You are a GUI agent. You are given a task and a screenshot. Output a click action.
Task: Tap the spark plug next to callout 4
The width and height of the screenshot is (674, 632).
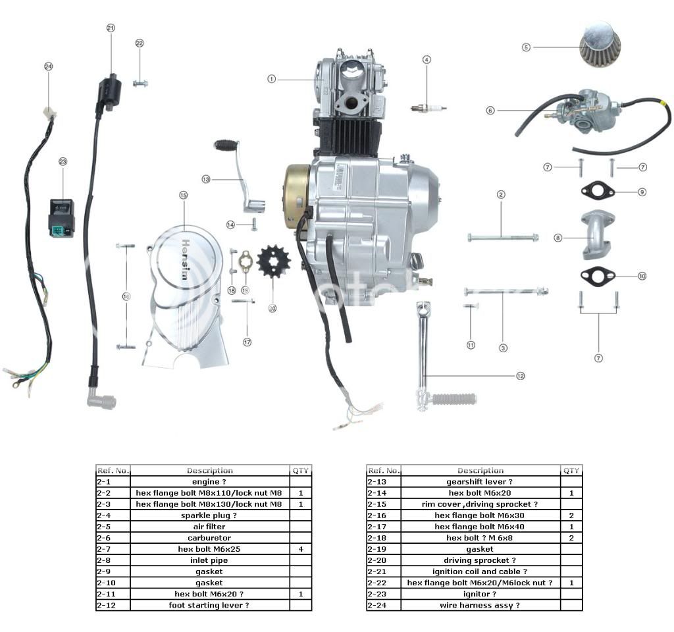click(428, 108)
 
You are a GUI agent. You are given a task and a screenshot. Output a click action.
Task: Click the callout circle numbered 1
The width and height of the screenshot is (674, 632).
click(271, 79)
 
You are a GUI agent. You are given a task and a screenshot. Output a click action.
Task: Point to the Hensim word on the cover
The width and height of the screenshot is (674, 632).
click(184, 256)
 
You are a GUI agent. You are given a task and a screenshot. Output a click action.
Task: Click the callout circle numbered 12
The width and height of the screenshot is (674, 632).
click(521, 376)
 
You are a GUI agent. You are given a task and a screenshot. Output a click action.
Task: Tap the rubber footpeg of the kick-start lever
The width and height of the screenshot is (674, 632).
click(454, 398)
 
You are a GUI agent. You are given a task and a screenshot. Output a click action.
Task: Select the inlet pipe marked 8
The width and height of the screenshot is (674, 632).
click(595, 236)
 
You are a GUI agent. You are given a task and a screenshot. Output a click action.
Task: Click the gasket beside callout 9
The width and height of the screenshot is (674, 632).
click(598, 192)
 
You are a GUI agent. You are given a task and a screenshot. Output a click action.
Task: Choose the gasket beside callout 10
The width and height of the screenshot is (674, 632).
click(598, 276)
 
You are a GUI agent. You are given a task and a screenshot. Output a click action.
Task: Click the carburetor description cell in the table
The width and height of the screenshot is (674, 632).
click(210, 538)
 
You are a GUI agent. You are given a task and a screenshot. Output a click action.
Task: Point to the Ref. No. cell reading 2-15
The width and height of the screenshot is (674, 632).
click(383, 504)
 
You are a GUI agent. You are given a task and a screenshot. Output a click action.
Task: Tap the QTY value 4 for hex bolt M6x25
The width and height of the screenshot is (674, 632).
click(300, 549)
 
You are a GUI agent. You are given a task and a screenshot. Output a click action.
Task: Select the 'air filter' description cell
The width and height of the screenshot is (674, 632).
click(210, 527)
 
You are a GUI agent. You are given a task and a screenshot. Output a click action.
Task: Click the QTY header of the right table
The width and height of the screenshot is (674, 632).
click(571, 471)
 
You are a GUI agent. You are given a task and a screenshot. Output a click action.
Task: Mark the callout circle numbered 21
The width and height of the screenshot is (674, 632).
click(111, 28)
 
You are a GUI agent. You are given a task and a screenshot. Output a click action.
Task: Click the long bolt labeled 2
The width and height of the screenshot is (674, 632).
click(502, 237)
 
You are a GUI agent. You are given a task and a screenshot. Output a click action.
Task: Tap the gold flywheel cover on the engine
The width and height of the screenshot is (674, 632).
click(296, 196)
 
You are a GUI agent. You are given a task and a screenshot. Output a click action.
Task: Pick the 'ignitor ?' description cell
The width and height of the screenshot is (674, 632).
click(480, 594)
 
